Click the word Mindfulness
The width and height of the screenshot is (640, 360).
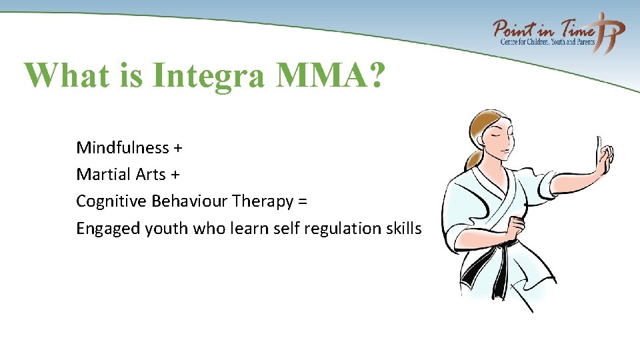[123, 147]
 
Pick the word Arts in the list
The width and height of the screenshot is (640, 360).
[151, 175]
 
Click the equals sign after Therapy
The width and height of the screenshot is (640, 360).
[302, 202]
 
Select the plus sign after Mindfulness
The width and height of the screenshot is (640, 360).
[178, 148]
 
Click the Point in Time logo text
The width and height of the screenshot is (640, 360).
[543, 30]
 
